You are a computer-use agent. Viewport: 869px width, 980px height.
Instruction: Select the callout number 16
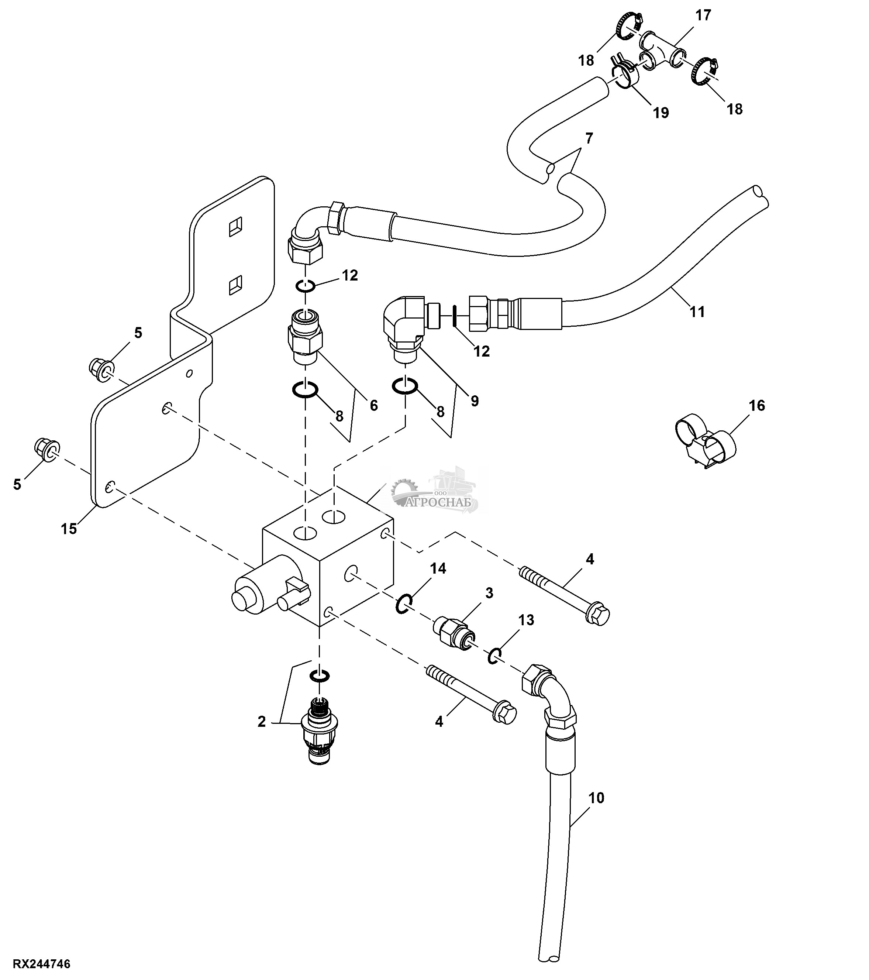[x=756, y=406]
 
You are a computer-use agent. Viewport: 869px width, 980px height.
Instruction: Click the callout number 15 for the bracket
[x=69, y=529]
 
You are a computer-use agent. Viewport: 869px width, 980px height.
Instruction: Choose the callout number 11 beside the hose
[x=697, y=312]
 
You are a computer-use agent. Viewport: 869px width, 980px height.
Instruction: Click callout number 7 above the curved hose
[x=589, y=138]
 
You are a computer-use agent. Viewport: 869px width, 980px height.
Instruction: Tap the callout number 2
[x=261, y=722]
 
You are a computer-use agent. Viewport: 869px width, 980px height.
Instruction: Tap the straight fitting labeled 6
[x=305, y=336]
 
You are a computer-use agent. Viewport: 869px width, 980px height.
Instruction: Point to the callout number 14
[x=438, y=569]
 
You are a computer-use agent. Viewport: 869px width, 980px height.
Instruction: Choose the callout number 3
[x=489, y=593]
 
